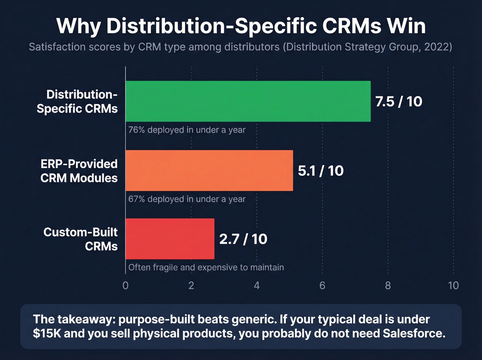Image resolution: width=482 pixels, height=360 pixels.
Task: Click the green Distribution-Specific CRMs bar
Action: tap(248, 101)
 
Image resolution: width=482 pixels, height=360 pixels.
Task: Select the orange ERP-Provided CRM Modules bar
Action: tap(209, 171)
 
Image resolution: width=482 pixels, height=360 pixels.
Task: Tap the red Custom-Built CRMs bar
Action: tap(170, 239)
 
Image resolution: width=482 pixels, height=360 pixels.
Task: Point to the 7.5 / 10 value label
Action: tap(398, 102)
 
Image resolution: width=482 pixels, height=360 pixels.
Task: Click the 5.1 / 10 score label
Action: tap(321, 171)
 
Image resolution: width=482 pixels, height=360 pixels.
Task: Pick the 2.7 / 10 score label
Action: tap(243, 239)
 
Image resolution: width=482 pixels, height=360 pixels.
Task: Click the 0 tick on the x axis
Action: tap(125, 286)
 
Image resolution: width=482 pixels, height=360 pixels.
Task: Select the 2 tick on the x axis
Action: tap(191, 286)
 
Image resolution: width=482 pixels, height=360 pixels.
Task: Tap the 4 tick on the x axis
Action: tap(257, 286)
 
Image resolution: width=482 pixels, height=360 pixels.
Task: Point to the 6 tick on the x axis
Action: tap(322, 286)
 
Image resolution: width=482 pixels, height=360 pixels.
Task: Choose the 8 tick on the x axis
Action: tap(388, 286)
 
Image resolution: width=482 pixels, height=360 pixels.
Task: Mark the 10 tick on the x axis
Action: tap(453, 286)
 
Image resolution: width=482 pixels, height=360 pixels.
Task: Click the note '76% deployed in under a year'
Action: tap(187, 130)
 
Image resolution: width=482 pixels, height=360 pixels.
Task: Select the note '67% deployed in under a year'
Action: tap(187, 199)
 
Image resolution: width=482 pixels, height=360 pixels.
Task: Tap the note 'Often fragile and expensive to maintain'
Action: tap(206, 267)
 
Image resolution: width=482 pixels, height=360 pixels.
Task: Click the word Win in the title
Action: tap(406, 26)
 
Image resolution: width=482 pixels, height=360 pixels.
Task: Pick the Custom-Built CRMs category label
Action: tap(81, 239)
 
